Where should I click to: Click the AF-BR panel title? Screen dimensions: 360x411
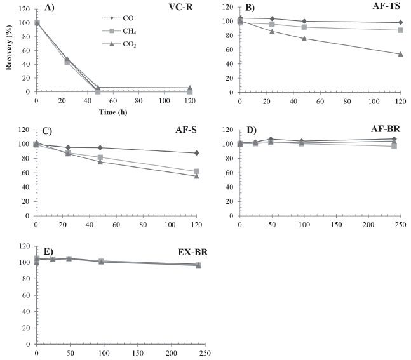(x=385, y=130)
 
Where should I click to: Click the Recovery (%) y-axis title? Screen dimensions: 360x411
(x=8, y=48)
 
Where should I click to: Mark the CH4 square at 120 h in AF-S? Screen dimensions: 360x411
(x=196, y=171)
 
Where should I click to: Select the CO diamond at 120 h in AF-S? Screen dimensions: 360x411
(x=196, y=153)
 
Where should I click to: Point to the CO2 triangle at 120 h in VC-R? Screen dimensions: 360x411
(x=189, y=88)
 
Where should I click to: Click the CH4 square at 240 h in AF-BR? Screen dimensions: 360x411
(x=394, y=146)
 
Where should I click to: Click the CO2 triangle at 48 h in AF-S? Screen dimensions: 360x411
(x=100, y=162)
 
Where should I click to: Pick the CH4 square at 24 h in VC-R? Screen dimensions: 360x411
(x=67, y=62)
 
